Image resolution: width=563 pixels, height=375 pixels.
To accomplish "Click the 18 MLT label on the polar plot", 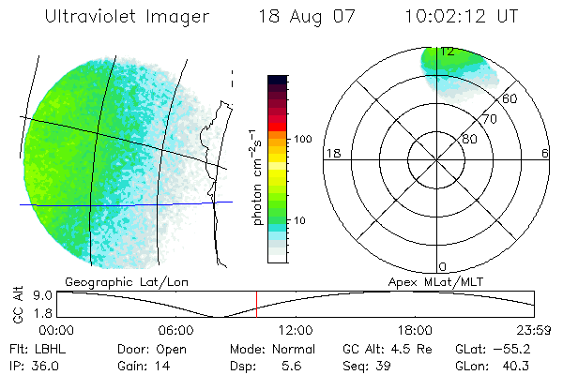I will click(x=331, y=153).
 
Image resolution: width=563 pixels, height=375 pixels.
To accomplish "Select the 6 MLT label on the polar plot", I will click(x=545, y=153).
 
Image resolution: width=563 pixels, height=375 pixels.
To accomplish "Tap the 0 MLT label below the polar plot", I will click(x=442, y=267).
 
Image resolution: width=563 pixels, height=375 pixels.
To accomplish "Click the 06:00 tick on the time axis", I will click(x=175, y=330).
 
